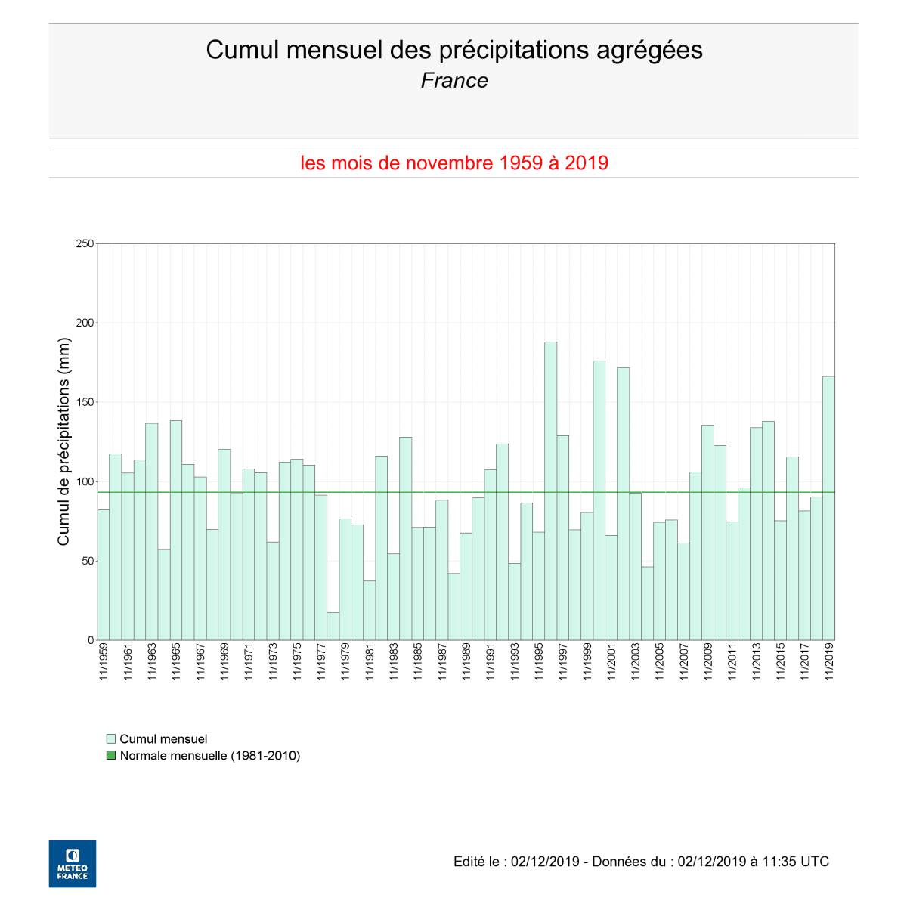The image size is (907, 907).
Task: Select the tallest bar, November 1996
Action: click(550, 491)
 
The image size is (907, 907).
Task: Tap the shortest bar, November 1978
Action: click(333, 627)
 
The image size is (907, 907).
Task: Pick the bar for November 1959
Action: click(104, 574)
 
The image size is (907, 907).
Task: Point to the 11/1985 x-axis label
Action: click(418, 662)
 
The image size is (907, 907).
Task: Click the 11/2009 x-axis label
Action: click(708, 662)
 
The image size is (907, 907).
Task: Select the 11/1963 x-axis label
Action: click(152, 662)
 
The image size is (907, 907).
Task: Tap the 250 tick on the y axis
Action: click(85, 244)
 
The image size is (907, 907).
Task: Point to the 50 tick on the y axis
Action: click(88, 561)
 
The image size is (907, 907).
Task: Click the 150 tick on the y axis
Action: click(85, 402)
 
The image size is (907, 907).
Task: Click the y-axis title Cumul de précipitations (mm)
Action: click(63, 442)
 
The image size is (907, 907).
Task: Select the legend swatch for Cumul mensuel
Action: click(111, 739)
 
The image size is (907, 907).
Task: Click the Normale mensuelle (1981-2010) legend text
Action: click(210, 756)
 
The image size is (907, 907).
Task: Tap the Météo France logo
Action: click(73, 863)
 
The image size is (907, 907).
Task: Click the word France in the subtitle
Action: click(454, 81)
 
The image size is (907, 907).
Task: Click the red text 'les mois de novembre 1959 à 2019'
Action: click(454, 163)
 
